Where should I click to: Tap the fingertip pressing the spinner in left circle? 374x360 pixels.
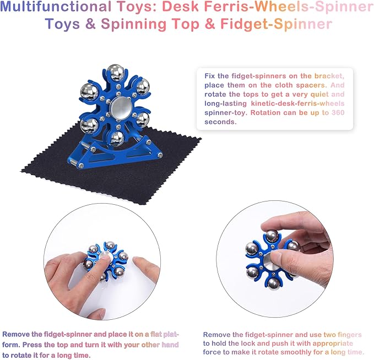[x=109, y=257]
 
